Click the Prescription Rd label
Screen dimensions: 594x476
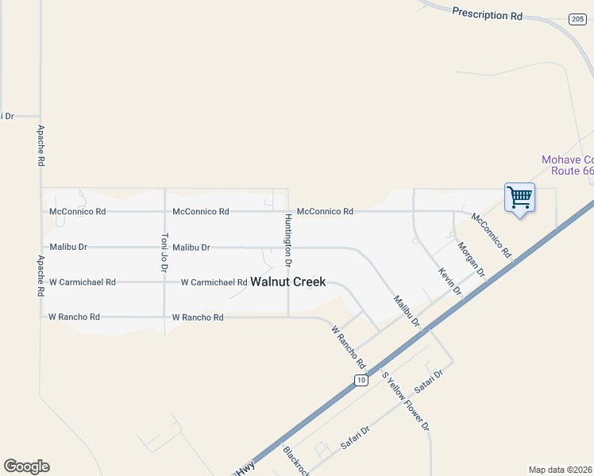(x=488, y=13)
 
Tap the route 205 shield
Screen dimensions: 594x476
(x=577, y=18)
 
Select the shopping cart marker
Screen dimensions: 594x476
(x=519, y=198)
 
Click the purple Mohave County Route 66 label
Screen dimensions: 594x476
(x=567, y=165)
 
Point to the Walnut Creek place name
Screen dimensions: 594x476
(x=287, y=282)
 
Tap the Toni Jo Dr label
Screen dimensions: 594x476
(x=165, y=251)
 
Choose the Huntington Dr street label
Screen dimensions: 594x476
(x=288, y=240)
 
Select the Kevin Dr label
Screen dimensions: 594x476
(x=450, y=282)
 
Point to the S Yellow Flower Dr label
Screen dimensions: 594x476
(x=405, y=401)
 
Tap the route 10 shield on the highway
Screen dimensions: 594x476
(x=361, y=381)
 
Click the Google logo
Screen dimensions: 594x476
(x=26, y=466)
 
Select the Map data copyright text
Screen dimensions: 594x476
(x=561, y=470)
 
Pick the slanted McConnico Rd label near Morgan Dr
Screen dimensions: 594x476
(x=491, y=235)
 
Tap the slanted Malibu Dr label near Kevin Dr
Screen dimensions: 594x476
(x=406, y=310)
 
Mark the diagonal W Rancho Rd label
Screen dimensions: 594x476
(x=348, y=347)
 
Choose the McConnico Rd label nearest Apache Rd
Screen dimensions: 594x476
(x=78, y=212)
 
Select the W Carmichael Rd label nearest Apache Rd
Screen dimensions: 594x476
(x=83, y=282)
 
